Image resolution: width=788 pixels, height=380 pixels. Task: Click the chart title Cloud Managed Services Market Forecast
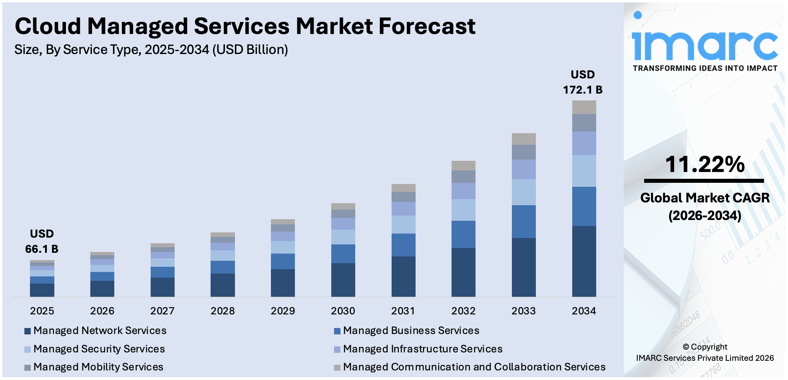pyautogui.click(x=245, y=26)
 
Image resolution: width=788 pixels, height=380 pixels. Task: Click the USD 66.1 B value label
pyautogui.click(x=42, y=242)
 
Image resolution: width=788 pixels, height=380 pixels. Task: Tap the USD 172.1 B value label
pyautogui.click(x=583, y=82)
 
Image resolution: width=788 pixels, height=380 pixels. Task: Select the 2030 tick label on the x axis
pyautogui.click(x=343, y=311)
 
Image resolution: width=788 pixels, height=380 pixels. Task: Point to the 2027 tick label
pyautogui.click(x=162, y=311)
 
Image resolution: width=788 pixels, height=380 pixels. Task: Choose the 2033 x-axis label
pyautogui.click(x=523, y=311)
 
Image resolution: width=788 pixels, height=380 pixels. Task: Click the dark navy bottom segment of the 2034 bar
pyautogui.click(x=584, y=261)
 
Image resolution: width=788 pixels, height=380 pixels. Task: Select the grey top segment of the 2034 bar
pyautogui.click(x=584, y=107)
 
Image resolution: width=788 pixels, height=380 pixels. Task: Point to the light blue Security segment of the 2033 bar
pyautogui.click(x=523, y=192)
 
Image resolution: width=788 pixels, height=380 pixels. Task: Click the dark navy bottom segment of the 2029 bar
pyautogui.click(x=283, y=283)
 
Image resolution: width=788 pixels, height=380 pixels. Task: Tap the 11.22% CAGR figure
pyautogui.click(x=704, y=164)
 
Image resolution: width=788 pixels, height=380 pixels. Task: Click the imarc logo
pyautogui.click(x=705, y=44)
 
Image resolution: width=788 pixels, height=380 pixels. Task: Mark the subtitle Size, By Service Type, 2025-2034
pyautogui.click(x=151, y=50)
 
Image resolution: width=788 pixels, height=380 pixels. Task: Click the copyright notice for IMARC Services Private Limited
pyautogui.click(x=705, y=352)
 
